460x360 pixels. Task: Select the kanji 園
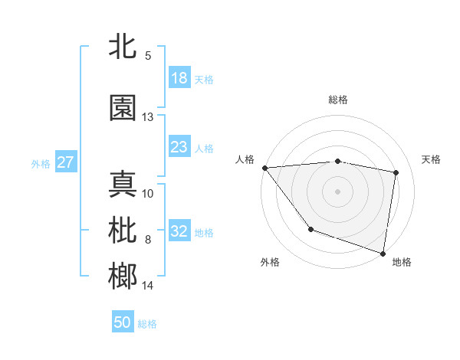point(123,108)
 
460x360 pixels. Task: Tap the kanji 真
point(123,184)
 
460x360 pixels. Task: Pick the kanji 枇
point(123,229)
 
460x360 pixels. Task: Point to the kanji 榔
point(123,276)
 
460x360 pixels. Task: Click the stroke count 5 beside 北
point(148,56)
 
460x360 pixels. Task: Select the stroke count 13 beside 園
point(148,117)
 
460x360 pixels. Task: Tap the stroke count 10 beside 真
point(148,193)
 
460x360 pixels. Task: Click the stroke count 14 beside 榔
point(148,286)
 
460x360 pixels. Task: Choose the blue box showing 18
point(179,78)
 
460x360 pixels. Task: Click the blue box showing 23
point(179,147)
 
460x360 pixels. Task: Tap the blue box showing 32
point(179,231)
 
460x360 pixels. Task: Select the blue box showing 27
point(66,162)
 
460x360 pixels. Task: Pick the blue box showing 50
point(123,322)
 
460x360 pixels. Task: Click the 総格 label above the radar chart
point(338,100)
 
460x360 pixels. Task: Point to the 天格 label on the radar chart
point(432,159)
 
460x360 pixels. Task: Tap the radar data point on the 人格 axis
point(264,168)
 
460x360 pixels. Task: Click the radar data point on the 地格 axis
point(383,252)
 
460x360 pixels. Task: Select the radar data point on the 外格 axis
point(310,229)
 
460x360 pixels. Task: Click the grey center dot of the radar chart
point(338,191)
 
